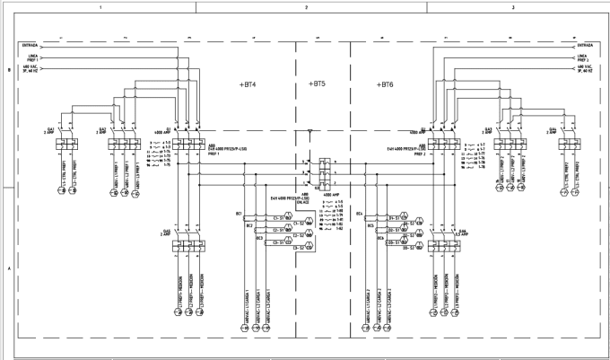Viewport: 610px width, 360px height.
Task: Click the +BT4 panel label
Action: [x=248, y=84]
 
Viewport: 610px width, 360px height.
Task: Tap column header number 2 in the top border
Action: [x=306, y=6]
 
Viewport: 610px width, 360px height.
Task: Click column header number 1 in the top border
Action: [x=100, y=6]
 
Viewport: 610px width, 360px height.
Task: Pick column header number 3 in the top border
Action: [x=511, y=6]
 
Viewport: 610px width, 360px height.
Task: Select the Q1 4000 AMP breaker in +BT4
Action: [x=185, y=141]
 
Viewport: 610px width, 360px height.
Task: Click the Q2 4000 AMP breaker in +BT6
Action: [x=439, y=141]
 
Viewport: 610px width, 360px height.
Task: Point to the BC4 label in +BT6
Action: [x=359, y=215]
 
